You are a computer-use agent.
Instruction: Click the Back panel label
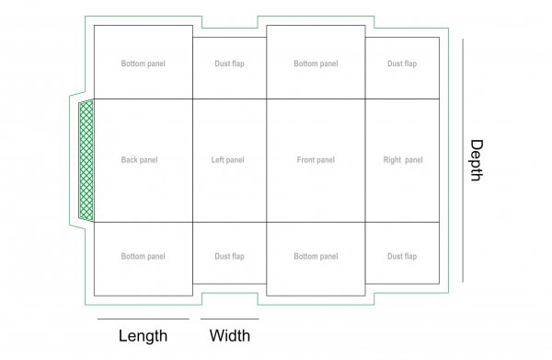point(139,160)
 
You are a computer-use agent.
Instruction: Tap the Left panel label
point(227,160)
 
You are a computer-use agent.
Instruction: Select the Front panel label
point(315,160)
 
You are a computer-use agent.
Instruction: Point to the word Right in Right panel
point(392,160)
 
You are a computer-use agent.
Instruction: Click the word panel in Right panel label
point(413,160)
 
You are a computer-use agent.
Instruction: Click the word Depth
point(476,160)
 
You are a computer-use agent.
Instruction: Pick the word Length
point(143,336)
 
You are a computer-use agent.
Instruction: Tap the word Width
point(229,336)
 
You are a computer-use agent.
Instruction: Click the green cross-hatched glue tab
point(86,160)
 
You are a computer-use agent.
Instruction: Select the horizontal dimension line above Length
point(143,319)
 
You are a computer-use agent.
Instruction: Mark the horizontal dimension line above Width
point(229,319)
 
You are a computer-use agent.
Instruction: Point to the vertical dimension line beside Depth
point(461,160)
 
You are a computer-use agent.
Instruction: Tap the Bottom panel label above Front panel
point(315,64)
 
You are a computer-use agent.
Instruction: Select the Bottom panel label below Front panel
point(315,256)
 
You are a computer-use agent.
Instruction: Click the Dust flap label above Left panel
point(229,64)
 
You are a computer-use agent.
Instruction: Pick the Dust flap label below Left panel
point(229,256)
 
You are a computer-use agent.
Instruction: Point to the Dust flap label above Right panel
point(402,64)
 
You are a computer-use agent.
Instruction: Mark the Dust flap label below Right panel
point(402,256)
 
